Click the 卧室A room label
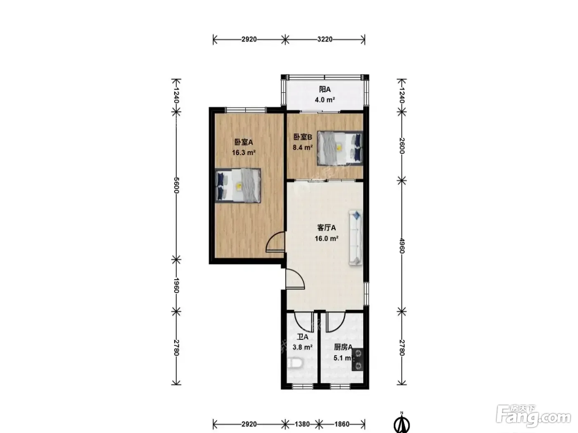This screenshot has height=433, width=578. tap(244, 142)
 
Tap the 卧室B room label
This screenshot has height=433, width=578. tap(303, 137)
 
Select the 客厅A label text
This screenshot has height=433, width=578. tap(327, 228)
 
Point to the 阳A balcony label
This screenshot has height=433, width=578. tap(325, 89)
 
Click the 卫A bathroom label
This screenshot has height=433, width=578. tap(302, 337)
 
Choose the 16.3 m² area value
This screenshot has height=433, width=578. tap(244, 153)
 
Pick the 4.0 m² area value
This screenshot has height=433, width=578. tap(325, 100)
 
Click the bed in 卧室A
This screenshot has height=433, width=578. tap(238, 186)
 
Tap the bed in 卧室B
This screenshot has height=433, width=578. tap(340, 148)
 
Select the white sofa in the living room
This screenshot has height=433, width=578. tap(356, 238)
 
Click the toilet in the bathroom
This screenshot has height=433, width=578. tap(294, 364)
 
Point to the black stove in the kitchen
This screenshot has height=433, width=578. tap(358, 359)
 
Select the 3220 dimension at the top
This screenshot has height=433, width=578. tap(325, 40)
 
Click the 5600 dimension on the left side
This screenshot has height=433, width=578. tap(176, 185)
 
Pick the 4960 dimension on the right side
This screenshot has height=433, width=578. tap(402, 245)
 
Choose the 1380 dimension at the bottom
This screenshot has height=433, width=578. tap(302, 424)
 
